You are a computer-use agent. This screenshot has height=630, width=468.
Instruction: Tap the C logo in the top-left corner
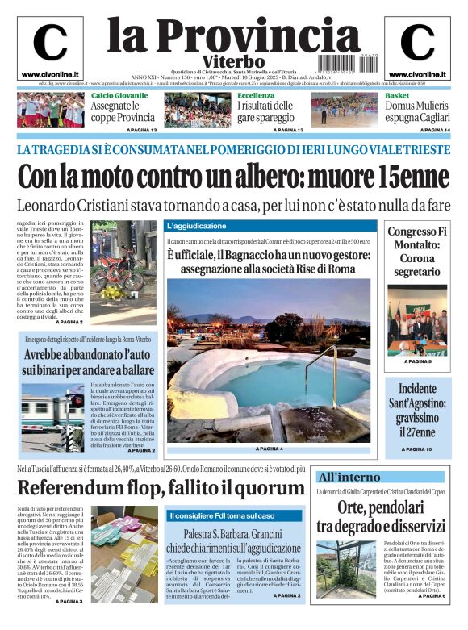pyautogui.click(x=50, y=44)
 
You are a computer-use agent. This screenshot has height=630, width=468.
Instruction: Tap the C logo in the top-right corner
pyautogui.click(x=417, y=44)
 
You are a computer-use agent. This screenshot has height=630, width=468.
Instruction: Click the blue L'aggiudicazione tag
pyautogui.click(x=197, y=226)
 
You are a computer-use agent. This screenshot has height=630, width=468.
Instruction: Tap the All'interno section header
pyautogui.click(x=349, y=477)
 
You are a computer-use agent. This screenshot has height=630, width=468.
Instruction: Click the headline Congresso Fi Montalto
pyautogui.click(x=416, y=252)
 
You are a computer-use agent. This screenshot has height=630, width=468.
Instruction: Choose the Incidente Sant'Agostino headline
pyautogui.click(x=416, y=410)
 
